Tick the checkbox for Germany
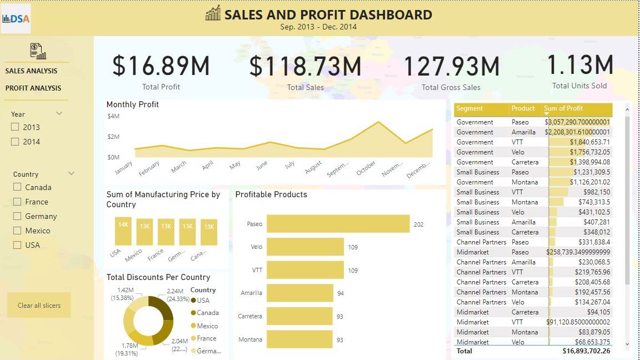pyautogui.click(x=17, y=216)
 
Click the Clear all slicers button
pyautogui.click(x=39, y=305)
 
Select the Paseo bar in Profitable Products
pyautogui.click(x=338, y=224)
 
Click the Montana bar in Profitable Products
pyautogui.click(x=299, y=339)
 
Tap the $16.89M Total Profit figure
pyautogui.click(x=161, y=66)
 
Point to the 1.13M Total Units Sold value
pyautogui.click(x=580, y=64)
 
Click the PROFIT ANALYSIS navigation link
pyautogui.click(x=33, y=88)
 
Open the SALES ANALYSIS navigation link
pyautogui.click(x=31, y=71)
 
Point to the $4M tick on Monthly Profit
pyautogui.click(x=113, y=116)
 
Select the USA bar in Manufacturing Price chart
pyautogui.click(x=123, y=231)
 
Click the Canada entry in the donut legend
pyautogui.click(x=207, y=313)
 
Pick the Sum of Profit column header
pyautogui.click(x=563, y=108)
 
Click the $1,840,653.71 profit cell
pyautogui.click(x=589, y=142)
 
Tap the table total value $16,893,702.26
pyautogui.click(x=586, y=351)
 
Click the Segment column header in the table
pyautogui.click(x=469, y=108)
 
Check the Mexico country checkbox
pyautogui.click(x=17, y=231)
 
